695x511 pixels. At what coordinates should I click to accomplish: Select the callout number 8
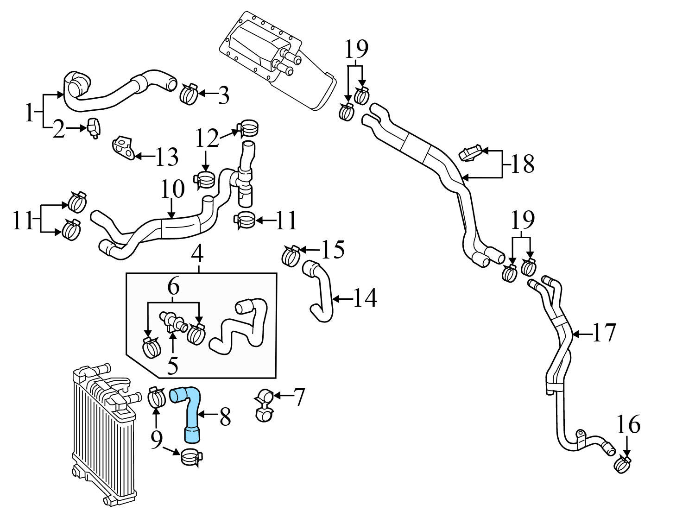[x=225, y=417]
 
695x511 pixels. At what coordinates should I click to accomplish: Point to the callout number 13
[x=165, y=158]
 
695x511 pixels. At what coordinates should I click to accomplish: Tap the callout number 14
[x=365, y=298]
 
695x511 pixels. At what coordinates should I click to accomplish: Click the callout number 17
[x=604, y=333]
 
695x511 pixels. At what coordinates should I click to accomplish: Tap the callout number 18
[x=522, y=164]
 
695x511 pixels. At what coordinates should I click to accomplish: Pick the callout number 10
[x=172, y=189]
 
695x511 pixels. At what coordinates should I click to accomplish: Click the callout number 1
[x=30, y=113]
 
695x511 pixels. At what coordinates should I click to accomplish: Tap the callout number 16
[x=628, y=424]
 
